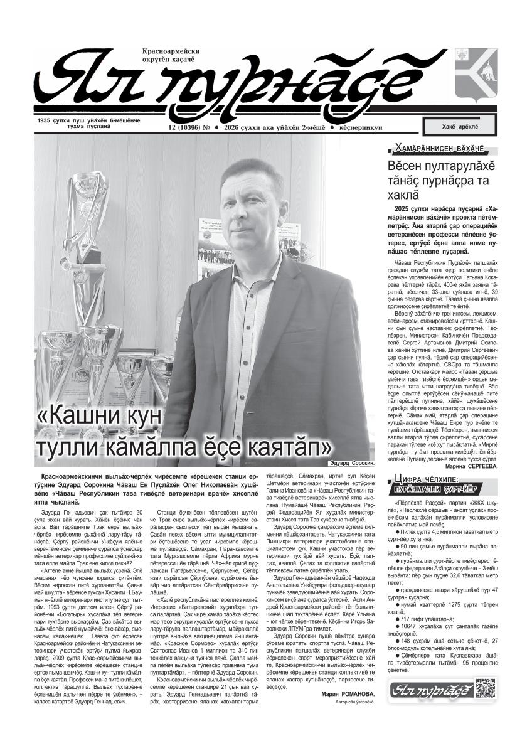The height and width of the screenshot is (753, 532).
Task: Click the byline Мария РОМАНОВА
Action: point(348,694)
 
